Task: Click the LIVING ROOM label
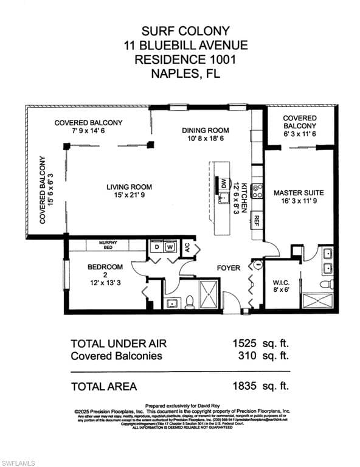click(x=129, y=187)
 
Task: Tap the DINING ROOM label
click(x=206, y=130)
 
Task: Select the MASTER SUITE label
click(x=298, y=193)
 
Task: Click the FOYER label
click(x=229, y=268)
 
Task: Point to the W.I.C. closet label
click(x=281, y=282)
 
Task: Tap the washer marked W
click(x=171, y=247)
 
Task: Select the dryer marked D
click(x=157, y=247)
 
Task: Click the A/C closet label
click(x=187, y=247)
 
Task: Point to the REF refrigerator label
click(x=257, y=220)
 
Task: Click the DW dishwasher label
click(x=223, y=184)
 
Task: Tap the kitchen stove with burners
click(x=257, y=191)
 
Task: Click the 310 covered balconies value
click(x=246, y=356)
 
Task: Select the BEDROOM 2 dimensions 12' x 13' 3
click(x=105, y=282)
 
